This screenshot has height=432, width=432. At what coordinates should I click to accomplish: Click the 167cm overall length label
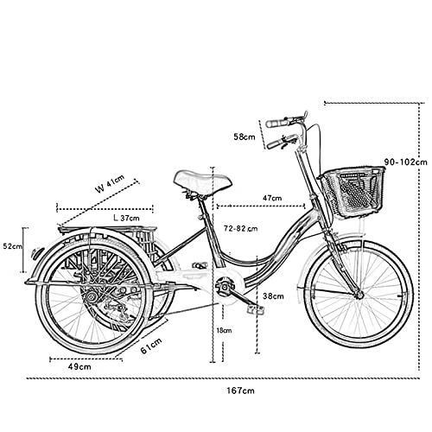(240, 391)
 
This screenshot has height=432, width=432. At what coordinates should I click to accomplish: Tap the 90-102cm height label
(406, 162)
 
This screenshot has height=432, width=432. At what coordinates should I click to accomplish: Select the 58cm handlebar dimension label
(245, 137)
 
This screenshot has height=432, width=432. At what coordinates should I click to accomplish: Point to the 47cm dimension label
(272, 198)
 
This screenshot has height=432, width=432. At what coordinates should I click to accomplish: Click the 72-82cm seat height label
(241, 228)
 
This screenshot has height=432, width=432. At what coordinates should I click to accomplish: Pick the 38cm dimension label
(273, 295)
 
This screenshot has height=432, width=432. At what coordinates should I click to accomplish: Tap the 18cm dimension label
(224, 330)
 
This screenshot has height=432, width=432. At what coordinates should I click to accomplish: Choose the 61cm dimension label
(151, 346)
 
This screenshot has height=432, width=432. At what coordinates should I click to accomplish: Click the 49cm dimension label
(79, 366)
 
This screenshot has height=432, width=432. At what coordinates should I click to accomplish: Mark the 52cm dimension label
(12, 246)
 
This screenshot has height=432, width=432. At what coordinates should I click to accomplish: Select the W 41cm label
(110, 183)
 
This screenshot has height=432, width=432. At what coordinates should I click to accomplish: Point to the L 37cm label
(127, 218)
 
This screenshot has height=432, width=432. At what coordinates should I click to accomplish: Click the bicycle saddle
(203, 181)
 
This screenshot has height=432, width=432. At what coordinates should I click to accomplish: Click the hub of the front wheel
(359, 295)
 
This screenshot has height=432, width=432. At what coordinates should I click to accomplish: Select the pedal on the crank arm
(255, 309)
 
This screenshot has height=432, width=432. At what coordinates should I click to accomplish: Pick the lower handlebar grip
(276, 143)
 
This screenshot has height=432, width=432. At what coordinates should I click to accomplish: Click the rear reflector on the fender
(37, 253)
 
